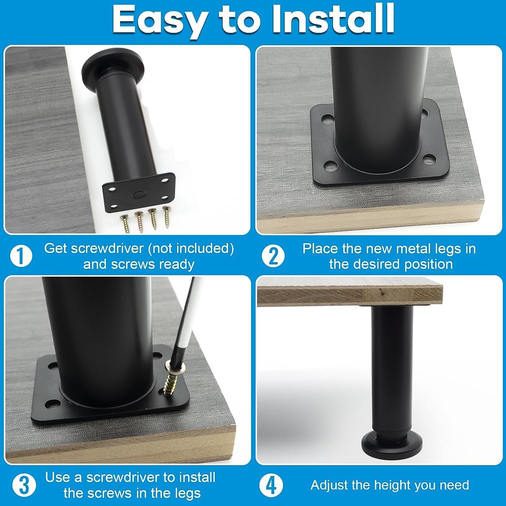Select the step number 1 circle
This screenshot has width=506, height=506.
(21, 256)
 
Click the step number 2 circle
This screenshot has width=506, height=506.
(273, 256)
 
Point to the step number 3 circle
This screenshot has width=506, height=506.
(24, 485)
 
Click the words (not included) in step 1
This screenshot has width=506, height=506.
(191, 249)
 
